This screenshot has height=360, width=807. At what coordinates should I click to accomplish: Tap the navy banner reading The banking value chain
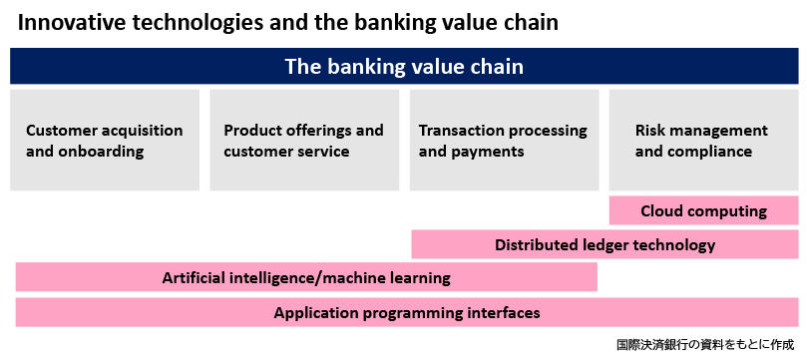(x=404, y=66)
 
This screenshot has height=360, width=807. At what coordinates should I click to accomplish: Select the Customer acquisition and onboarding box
(x=105, y=140)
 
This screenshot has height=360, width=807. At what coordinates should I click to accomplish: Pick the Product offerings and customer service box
(x=304, y=140)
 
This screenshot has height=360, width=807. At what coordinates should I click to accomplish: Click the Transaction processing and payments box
(x=505, y=140)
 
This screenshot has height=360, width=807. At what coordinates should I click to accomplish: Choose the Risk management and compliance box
(x=703, y=140)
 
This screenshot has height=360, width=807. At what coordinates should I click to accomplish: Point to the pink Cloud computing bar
(x=703, y=210)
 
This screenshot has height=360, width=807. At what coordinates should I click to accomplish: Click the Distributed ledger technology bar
(x=605, y=244)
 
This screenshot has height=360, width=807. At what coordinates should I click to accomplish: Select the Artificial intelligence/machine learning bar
(x=306, y=277)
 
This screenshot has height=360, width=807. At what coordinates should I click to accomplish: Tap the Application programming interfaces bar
(x=407, y=312)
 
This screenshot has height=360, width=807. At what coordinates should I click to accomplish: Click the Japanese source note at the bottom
(x=704, y=343)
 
